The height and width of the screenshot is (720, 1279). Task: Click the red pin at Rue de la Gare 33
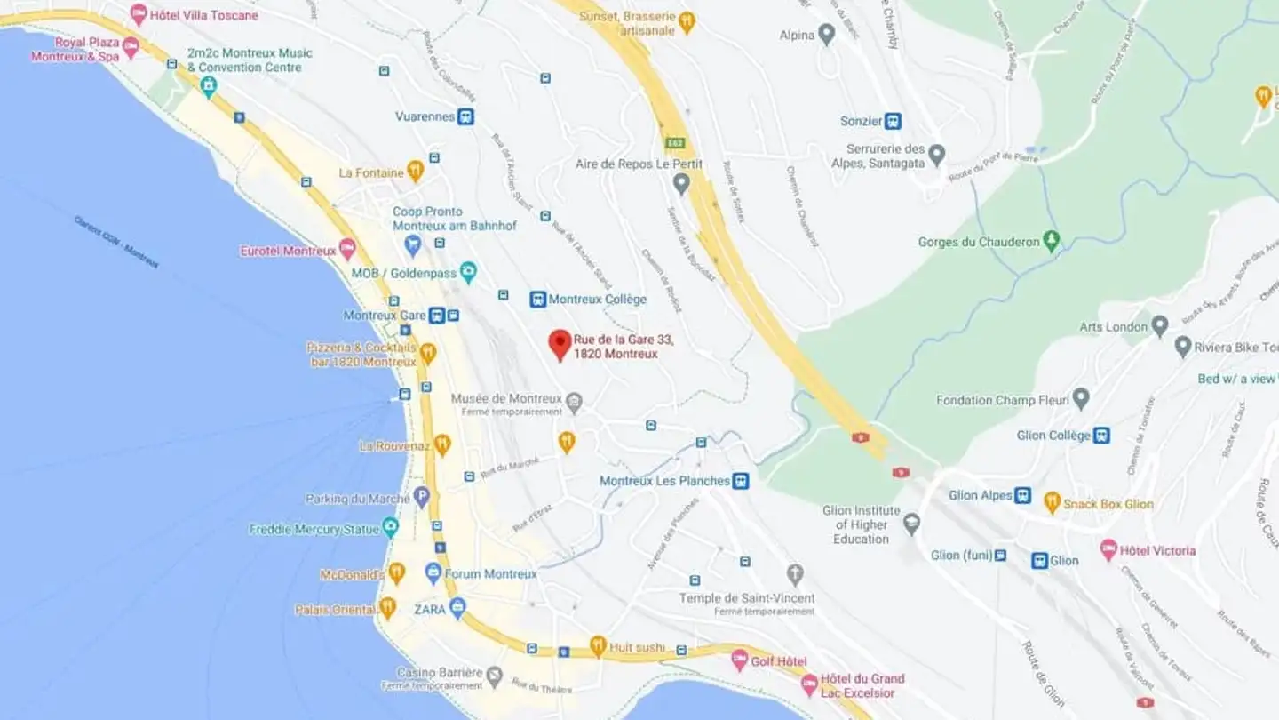[560, 344]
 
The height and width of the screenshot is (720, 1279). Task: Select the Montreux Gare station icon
[437, 316]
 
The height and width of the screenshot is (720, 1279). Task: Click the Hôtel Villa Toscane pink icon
[139, 14]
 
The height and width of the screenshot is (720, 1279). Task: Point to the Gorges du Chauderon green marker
[1052, 241]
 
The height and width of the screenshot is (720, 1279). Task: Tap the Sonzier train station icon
[894, 121]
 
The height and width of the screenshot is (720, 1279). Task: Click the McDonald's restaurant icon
[397, 573]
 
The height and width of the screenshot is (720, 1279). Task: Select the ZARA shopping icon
[457, 609]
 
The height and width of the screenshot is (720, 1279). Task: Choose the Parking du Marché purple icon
[422, 498]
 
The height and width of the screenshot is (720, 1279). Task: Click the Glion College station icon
[1101, 436]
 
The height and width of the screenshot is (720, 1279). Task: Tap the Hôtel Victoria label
[1157, 551]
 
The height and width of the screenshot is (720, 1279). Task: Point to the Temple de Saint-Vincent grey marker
[795, 574]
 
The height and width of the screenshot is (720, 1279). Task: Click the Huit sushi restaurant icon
[598, 645]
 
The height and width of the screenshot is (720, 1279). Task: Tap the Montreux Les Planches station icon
[741, 481]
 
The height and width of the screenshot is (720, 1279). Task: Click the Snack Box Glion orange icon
[1053, 503]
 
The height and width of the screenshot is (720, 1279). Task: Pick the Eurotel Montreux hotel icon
[347, 250]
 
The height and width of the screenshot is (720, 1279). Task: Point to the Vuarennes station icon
[465, 116]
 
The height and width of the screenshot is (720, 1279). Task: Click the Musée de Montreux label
[506, 399]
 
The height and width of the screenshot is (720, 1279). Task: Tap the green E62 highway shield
[676, 142]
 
